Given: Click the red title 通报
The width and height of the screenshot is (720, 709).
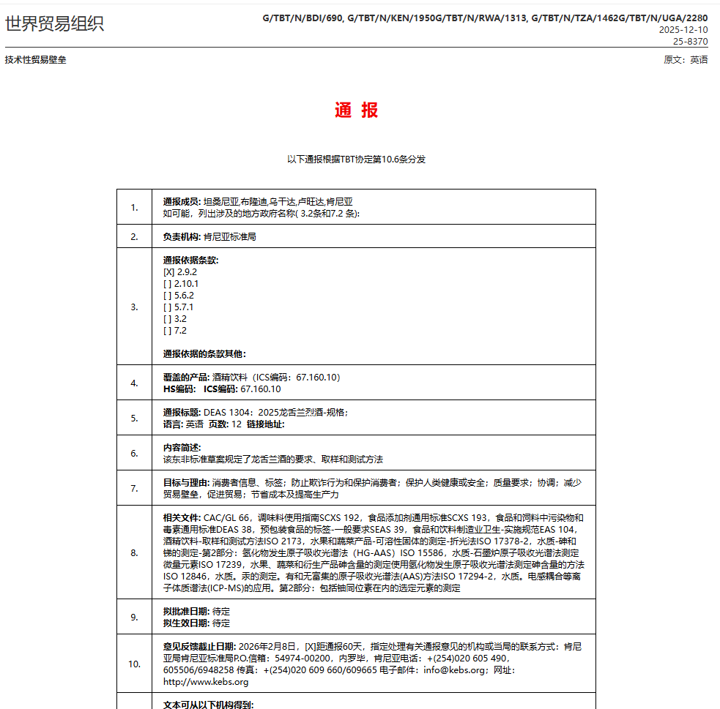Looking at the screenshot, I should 357,110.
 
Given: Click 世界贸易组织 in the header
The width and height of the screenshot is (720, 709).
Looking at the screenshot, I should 55,23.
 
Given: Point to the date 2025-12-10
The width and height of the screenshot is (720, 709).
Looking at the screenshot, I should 683,30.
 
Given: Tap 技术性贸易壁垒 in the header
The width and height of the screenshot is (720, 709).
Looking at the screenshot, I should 36,60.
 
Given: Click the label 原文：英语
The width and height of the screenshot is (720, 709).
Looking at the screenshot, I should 686,60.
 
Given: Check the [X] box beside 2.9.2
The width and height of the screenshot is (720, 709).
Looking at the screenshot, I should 168,272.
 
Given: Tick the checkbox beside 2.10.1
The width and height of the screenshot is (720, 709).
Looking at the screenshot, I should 168,284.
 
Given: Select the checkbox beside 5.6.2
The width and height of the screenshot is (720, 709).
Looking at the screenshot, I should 168,296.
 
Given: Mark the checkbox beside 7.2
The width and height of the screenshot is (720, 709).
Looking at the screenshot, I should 168,331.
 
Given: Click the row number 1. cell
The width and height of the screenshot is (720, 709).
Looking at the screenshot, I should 135,207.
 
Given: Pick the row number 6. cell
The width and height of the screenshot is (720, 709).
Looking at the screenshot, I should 135,453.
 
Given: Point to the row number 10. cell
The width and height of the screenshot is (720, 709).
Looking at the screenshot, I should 135,664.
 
